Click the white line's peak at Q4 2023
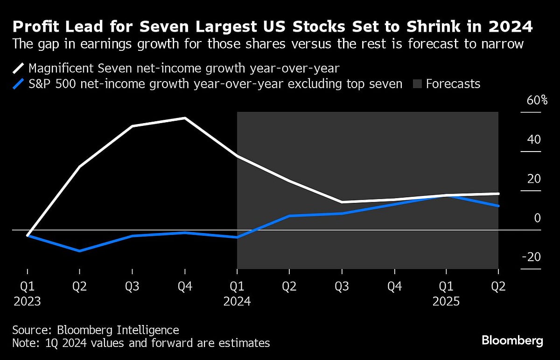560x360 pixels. point(185,118)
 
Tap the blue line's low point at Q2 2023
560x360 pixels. point(80,251)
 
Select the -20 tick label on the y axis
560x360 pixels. point(531,257)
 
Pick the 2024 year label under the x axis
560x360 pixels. point(237,301)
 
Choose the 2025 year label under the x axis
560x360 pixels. point(446,301)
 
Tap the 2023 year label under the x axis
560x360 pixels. point(27,301)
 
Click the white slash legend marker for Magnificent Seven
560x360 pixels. point(18,68)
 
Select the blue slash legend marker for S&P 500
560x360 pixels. point(18,84)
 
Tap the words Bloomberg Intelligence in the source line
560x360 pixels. point(118,330)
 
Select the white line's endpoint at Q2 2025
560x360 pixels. point(498,194)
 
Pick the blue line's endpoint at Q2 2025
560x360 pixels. point(498,206)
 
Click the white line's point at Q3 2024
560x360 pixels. point(342,202)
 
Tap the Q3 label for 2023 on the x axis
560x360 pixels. point(133,286)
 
